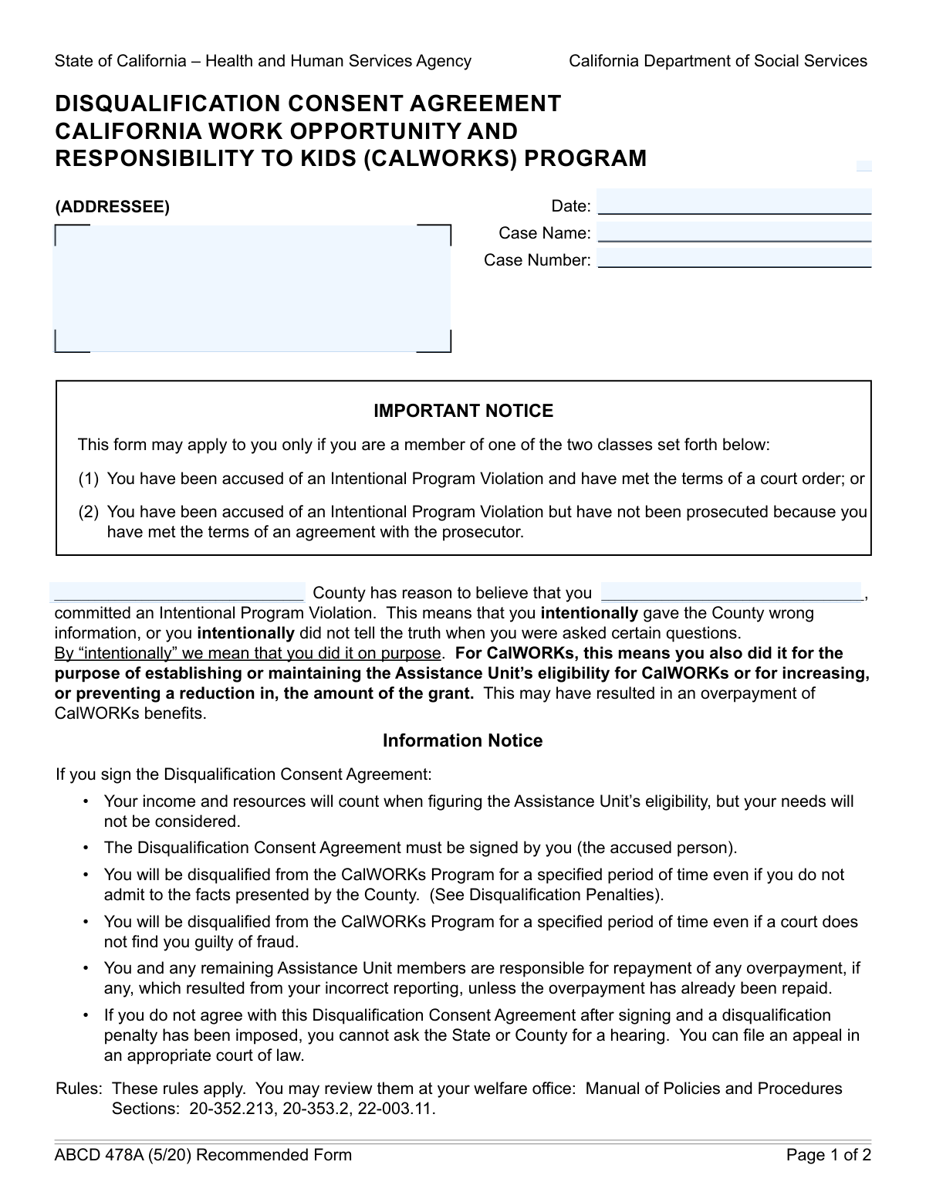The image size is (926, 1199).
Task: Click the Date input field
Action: click(x=734, y=202)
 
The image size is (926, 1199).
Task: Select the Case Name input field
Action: click(x=734, y=232)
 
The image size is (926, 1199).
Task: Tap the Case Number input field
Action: click(x=734, y=259)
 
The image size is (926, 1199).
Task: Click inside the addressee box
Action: click(x=252, y=288)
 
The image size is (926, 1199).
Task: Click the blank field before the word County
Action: click(x=178, y=592)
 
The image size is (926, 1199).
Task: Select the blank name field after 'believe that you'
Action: click(x=731, y=592)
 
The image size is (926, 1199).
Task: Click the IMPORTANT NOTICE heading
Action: click(x=463, y=411)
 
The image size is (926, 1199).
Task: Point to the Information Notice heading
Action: click(x=462, y=741)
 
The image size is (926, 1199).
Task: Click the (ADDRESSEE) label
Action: click(x=112, y=207)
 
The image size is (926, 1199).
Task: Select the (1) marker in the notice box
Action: click(x=88, y=479)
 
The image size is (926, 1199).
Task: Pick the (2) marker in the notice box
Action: click(x=88, y=512)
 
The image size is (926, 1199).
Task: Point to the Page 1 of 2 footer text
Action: click(x=828, y=1155)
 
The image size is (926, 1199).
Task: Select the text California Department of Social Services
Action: click(x=718, y=61)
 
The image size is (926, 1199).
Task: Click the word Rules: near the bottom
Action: click(x=79, y=1089)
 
